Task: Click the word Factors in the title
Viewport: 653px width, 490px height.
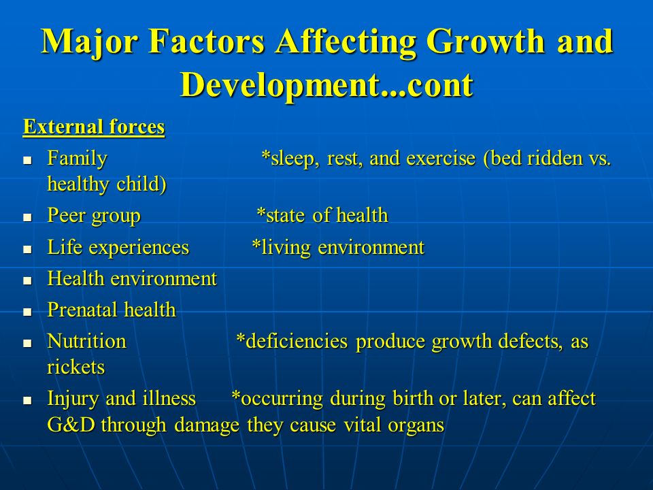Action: pyautogui.click(x=207, y=42)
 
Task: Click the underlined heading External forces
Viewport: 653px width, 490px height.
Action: pyautogui.click(x=94, y=127)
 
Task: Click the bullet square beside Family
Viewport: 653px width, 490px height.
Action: pyautogui.click(x=27, y=160)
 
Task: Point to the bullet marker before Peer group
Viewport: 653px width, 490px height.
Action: pyautogui.click(x=27, y=217)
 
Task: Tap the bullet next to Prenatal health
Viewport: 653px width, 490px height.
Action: pyautogui.click(x=27, y=312)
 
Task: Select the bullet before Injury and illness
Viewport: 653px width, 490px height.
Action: pyautogui.click(x=27, y=400)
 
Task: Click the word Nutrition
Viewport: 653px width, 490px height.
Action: pyautogui.click(x=86, y=341)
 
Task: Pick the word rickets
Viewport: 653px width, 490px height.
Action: pyautogui.click(x=76, y=367)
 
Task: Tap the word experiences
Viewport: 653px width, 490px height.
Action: pyautogui.click(x=139, y=248)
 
